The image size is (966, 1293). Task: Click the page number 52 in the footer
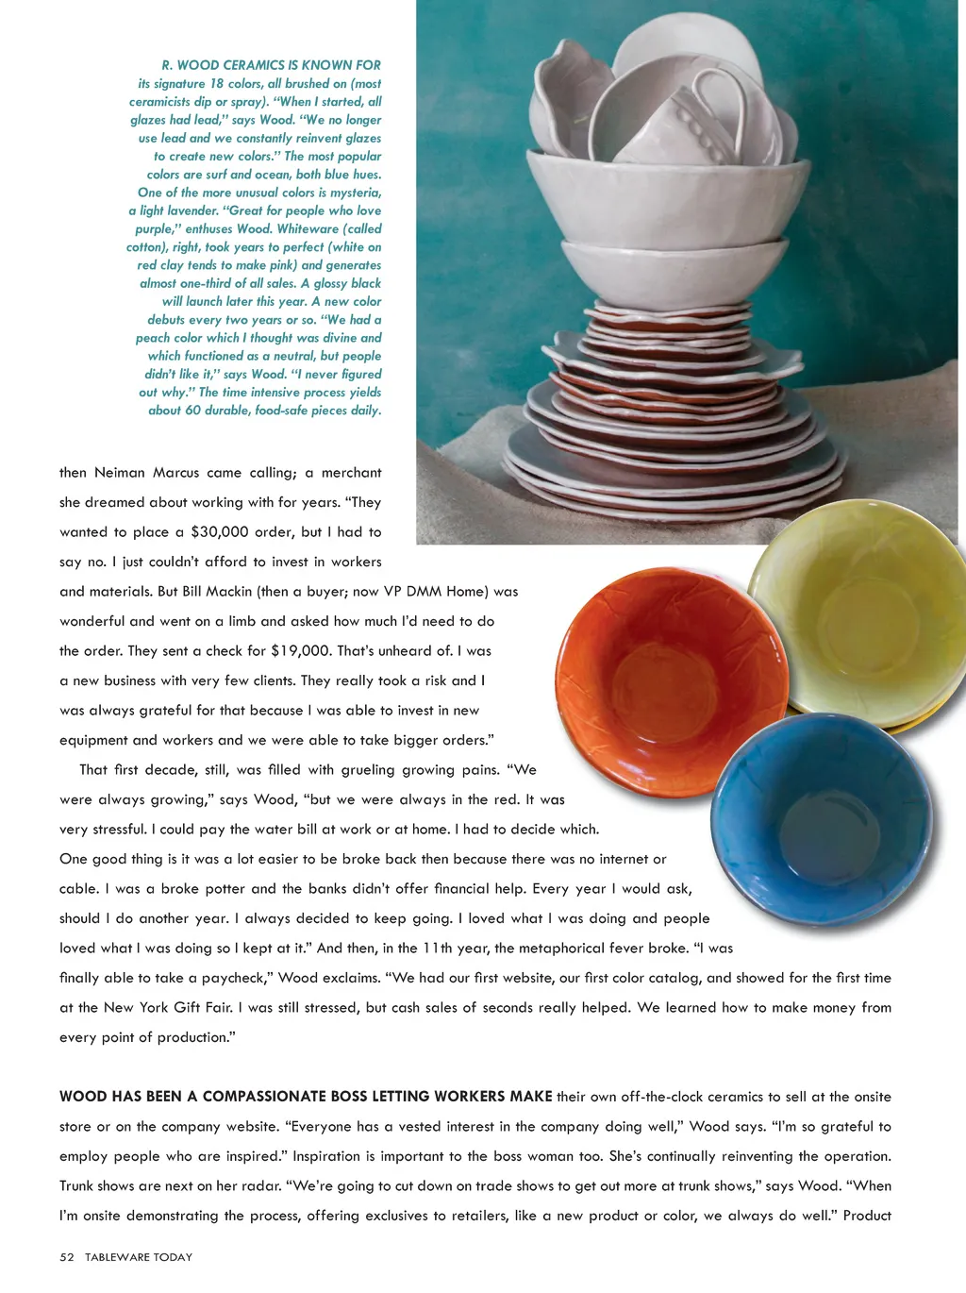(x=66, y=1257)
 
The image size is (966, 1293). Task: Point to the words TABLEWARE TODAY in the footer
(x=139, y=1257)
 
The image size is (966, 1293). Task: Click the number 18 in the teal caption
(x=216, y=83)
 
